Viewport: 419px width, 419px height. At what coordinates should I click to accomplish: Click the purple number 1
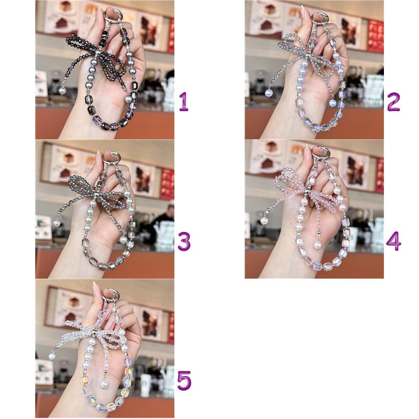(184, 102)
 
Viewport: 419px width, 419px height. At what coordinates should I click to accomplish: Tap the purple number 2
(393, 102)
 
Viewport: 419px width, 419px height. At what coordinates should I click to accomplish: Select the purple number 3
(184, 241)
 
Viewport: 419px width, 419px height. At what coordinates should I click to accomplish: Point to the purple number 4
(393, 241)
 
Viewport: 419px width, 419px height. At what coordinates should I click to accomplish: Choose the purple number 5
(184, 381)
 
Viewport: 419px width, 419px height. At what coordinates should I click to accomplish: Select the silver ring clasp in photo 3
(111, 159)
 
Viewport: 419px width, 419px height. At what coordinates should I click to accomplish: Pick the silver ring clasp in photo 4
(323, 153)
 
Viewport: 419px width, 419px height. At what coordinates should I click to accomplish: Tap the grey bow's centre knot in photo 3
(95, 193)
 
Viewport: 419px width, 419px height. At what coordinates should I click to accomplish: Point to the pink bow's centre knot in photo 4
(308, 192)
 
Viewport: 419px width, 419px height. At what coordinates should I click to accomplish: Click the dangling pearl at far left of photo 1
(62, 91)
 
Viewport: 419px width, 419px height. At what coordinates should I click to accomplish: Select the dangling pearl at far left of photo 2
(269, 93)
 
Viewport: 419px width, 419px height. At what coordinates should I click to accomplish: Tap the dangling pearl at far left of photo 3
(57, 223)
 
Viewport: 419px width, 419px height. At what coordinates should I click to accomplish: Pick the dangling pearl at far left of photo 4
(264, 221)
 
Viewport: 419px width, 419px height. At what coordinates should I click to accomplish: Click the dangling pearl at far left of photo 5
(52, 356)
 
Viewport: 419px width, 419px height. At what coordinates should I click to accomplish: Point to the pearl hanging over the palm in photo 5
(104, 384)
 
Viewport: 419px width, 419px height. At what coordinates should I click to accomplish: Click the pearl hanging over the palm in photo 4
(317, 245)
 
